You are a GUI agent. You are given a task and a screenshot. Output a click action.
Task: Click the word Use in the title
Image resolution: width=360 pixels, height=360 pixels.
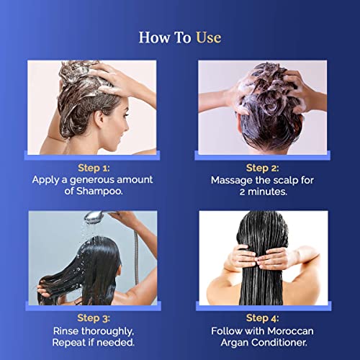coord(209,37)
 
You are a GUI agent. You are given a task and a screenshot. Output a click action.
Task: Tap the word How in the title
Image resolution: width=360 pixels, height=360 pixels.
coord(153,37)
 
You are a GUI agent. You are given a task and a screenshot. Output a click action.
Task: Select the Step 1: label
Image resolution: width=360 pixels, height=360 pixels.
coord(94,168)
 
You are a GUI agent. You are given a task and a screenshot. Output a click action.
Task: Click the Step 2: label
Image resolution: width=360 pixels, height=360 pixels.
coord(263,168)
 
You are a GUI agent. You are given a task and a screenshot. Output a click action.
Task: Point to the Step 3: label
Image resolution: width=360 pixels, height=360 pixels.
coord(94,318)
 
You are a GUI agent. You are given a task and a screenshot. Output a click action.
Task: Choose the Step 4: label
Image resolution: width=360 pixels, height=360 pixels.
coord(263,318)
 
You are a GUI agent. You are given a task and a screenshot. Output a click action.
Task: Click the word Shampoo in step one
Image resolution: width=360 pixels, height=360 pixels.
coord(99,192)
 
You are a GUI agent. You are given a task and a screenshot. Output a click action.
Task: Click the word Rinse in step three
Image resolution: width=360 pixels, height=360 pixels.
coord(66,331)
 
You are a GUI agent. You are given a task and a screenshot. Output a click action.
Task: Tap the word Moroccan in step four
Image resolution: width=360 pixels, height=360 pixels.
coord(290,331)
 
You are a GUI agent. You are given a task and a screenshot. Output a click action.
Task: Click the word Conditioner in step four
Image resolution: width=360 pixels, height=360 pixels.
coord(279,342)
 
